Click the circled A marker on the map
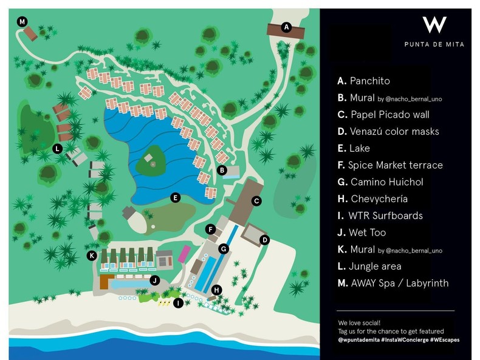tap(287, 27)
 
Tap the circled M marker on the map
tap(22, 22)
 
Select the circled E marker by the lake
tap(175, 197)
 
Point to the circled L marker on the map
tap(58, 148)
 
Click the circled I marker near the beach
tap(178, 302)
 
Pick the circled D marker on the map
tap(264, 240)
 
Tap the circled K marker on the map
tap(92, 256)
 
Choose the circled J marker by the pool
tap(155, 280)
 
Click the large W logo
tap(434, 25)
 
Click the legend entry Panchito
tap(369, 81)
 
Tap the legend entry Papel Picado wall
tap(389, 114)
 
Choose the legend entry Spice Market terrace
tap(395, 165)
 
